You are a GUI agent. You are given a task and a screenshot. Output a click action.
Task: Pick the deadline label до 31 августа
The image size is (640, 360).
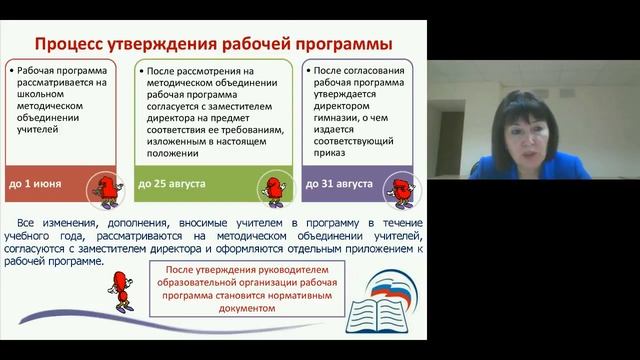point(335,186)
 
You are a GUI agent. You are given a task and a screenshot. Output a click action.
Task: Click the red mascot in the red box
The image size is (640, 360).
point(102,186)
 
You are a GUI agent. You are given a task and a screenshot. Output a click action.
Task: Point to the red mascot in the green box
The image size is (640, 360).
point(265,186)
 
